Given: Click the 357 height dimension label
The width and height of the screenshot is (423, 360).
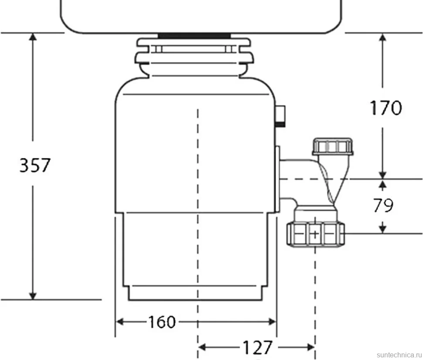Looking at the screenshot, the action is (x=35, y=165).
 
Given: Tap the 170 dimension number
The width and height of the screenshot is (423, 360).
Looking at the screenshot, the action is (x=386, y=108).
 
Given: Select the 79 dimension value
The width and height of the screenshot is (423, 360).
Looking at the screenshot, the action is (x=383, y=206).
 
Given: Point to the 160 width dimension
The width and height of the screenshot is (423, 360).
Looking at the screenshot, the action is (x=162, y=322).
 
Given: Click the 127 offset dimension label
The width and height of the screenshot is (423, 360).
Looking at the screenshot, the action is (x=258, y=347).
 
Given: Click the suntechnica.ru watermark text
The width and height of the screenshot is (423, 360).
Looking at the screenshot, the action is (x=399, y=355).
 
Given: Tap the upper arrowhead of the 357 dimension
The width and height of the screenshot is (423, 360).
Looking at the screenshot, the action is (x=33, y=37).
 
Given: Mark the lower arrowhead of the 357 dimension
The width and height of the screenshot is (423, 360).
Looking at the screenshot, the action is (x=33, y=295).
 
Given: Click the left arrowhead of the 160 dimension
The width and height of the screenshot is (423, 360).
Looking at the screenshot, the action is (x=120, y=322).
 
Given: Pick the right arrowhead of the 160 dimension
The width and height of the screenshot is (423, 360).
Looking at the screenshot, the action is (x=272, y=322).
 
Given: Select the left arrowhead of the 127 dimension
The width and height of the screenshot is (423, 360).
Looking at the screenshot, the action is (x=202, y=347).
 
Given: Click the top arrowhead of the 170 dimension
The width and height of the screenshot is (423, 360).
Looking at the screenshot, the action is (x=382, y=37).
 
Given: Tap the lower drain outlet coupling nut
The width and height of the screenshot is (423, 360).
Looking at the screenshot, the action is (x=315, y=234).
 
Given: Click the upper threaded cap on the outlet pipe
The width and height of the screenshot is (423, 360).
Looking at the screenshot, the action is (x=333, y=147).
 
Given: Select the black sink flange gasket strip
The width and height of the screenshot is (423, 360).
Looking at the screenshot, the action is (x=194, y=36).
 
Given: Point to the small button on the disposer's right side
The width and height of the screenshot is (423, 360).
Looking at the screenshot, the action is (x=280, y=117).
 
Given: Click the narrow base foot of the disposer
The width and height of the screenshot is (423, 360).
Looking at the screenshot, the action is (x=195, y=293).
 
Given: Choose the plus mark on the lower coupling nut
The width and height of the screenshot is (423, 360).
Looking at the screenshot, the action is (x=315, y=234).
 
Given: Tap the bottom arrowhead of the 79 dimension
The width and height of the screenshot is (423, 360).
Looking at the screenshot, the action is (x=382, y=229).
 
